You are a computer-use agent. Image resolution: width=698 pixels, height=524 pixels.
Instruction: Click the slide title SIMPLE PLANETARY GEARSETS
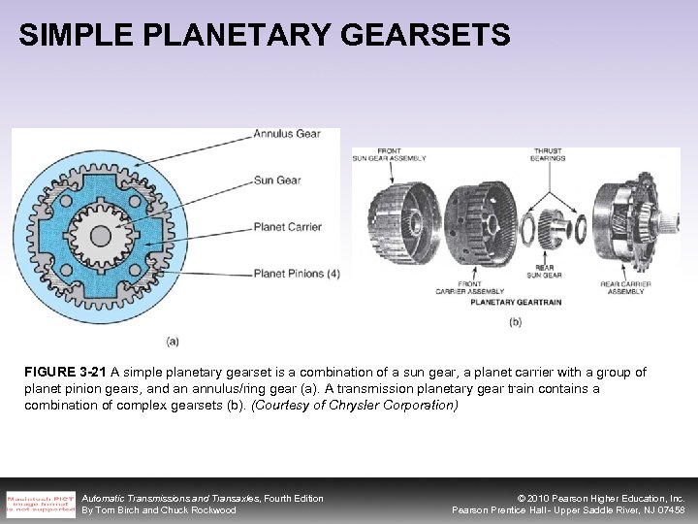pos(264,36)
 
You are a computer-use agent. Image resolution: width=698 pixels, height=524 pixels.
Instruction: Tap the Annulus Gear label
pos(287,134)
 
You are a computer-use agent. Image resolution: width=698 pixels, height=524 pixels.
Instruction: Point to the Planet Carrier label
pos(287,227)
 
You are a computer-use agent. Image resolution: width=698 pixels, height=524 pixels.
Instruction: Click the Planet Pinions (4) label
pos(297,274)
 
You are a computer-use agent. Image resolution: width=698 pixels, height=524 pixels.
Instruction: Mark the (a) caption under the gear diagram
pos(173,342)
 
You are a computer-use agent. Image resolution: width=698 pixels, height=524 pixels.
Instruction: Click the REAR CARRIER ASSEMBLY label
pos(625,288)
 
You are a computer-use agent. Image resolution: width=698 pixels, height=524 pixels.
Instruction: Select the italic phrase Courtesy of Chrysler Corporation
pos(355,406)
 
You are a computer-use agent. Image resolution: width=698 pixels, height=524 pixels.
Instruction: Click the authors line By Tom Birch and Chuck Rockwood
pos(159,510)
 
